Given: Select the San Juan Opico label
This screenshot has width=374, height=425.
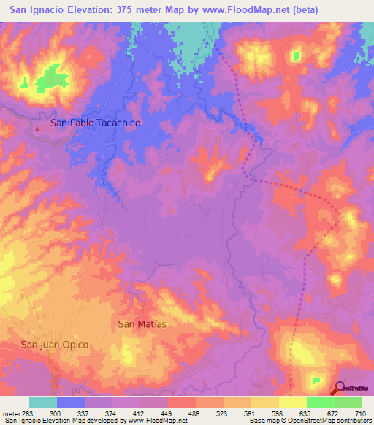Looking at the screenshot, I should pyautogui.click(x=55, y=345).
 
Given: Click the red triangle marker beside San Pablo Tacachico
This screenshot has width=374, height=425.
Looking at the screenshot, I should pyautogui.click(x=37, y=129).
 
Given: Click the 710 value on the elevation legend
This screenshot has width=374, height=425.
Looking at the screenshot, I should pyautogui.click(x=361, y=413).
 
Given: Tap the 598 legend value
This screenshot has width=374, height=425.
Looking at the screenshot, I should pyautogui.click(x=278, y=413).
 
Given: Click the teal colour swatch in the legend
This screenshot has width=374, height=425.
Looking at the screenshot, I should pyautogui.click(x=43, y=402).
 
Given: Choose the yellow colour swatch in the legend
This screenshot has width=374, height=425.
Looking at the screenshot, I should pyautogui.click(x=292, y=402).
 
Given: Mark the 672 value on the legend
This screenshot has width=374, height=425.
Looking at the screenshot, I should pyautogui.click(x=334, y=413).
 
